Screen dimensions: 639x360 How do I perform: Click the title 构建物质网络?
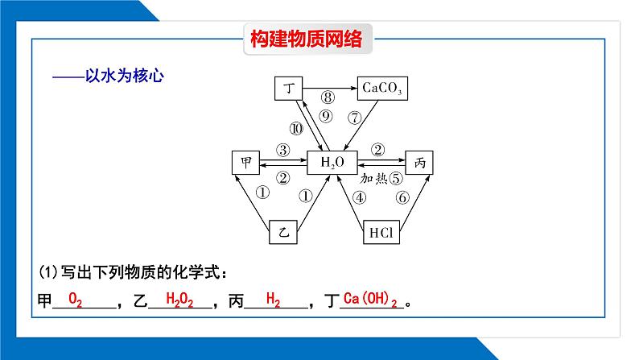point(306,39)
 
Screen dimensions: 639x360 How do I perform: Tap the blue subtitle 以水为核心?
point(124,76)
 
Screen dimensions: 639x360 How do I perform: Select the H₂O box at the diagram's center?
point(332,163)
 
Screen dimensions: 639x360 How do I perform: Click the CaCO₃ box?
point(382,88)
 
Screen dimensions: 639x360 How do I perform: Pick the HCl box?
point(381,232)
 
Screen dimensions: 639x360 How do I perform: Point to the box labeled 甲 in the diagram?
point(245,163)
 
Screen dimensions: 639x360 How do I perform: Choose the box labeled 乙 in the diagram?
point(283,232)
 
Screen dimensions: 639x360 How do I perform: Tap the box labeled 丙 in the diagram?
point(419,163)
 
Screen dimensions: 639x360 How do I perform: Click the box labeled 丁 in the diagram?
point(289,88)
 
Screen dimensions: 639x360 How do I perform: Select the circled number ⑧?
point(328,97)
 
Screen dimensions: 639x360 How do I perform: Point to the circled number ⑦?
point(355,118)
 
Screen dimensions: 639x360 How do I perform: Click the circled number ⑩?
point(296,129)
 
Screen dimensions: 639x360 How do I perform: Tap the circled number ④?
point(359,198)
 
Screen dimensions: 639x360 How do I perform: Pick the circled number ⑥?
point(402,198)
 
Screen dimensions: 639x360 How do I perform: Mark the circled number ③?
point(282,150)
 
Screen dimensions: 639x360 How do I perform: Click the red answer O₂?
point(75,300)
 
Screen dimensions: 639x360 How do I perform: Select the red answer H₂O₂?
point(179,300)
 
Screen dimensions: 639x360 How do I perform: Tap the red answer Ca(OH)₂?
point(370,300)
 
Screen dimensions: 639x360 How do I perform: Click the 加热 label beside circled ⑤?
point(373,178)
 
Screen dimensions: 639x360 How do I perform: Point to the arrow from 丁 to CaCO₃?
point(330,88)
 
